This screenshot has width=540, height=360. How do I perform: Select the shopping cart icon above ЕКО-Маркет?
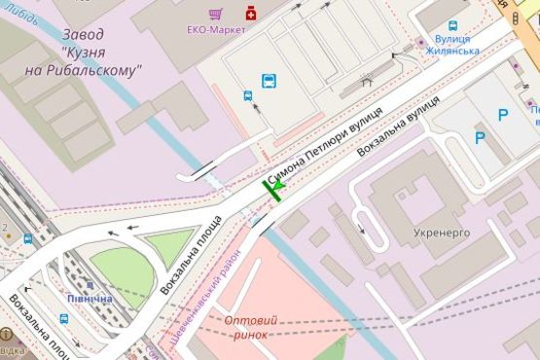click(216, 14)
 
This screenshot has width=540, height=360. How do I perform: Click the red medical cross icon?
click(251, 14)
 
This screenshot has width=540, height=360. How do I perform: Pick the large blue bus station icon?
click(269, 81)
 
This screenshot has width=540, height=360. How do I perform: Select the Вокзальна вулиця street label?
click(390, 133)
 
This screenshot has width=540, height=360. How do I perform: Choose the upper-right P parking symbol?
click(502, 115)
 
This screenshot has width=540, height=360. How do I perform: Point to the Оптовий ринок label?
click(250, 327)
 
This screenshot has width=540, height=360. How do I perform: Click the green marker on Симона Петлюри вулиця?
click(276, 187)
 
